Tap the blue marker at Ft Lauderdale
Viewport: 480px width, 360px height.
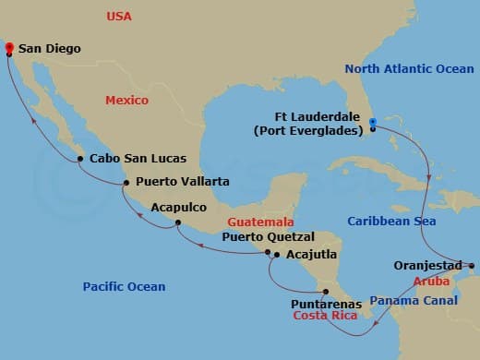point(372,122)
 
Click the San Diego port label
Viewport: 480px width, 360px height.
point(50,48)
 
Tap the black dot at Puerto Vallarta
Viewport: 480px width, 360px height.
point(126,183)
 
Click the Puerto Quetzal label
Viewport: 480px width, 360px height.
point(268,237)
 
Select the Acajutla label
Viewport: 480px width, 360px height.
point(311,254)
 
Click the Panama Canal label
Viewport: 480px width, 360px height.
point(413,300)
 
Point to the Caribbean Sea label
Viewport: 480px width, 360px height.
point(392,222)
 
